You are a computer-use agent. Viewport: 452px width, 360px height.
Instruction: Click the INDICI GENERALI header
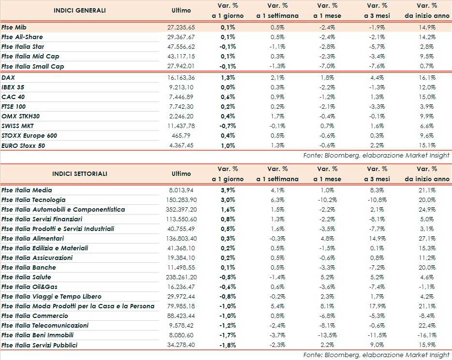[79, 10]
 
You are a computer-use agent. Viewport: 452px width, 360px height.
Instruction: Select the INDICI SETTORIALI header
[80, 173]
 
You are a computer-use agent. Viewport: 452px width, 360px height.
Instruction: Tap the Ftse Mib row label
[14, 28]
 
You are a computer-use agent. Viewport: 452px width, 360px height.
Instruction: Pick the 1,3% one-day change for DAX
[228, 77]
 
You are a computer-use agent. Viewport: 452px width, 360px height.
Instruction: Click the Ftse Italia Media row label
[33, 190]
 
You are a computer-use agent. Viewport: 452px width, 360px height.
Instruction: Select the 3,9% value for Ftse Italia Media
[228, 190]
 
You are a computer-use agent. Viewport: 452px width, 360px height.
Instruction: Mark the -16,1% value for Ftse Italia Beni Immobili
[426, 335]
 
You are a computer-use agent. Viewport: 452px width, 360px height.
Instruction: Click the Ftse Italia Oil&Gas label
[30, 287]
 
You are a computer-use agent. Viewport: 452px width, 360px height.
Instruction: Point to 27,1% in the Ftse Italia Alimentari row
[428, 239]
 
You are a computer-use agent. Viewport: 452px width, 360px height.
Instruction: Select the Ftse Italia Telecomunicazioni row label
[45, 326]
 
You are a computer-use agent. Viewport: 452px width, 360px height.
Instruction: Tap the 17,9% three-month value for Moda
[378, 306]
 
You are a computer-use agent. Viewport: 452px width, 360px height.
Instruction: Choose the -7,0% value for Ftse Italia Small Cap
[329, 66]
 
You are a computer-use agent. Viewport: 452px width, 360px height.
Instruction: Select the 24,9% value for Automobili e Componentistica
[428, 210]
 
